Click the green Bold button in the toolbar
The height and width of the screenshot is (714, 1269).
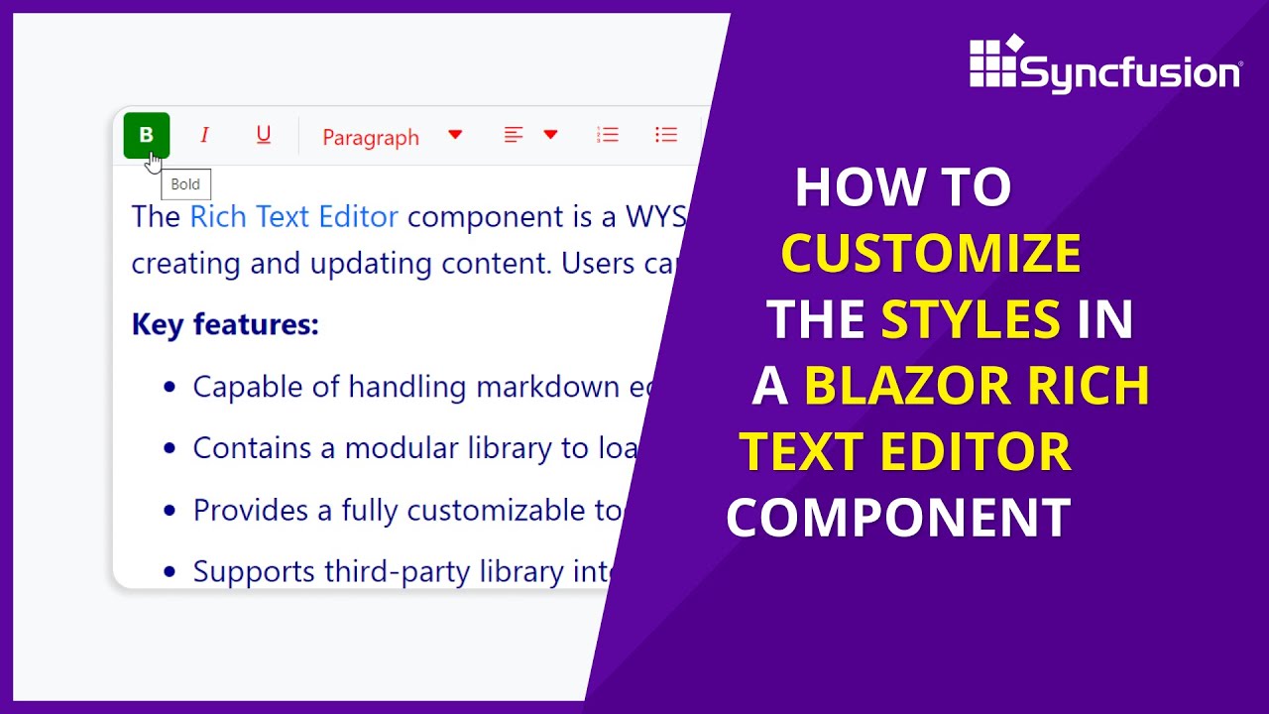147,136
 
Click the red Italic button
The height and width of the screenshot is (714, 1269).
204,135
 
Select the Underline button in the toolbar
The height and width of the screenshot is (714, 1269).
263,135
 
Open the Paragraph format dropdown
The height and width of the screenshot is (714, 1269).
392,137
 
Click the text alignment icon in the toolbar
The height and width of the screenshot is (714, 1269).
514,135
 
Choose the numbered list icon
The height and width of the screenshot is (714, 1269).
608,135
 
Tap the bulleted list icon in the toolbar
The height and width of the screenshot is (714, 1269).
666,135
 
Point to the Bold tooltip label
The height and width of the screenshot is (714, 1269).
185,184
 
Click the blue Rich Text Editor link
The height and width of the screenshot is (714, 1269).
293,217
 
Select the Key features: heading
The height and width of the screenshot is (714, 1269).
225,324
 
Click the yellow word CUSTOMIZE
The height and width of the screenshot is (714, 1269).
930,254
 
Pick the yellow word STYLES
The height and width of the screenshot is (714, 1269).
971,320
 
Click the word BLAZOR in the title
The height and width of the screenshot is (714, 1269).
907,386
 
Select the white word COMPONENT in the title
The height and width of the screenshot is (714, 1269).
898,518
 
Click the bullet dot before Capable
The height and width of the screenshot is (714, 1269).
170,386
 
